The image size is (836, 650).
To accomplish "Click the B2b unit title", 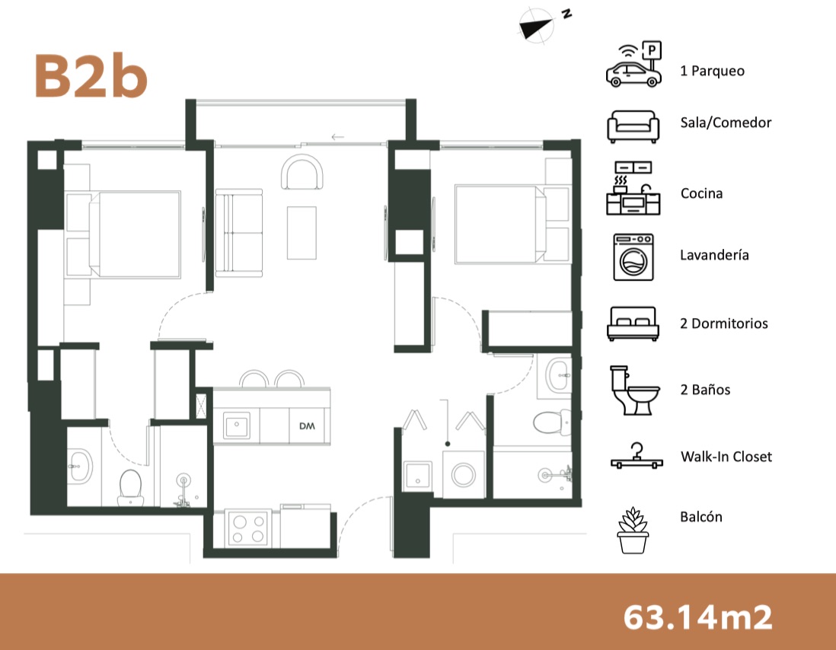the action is click(91, 75).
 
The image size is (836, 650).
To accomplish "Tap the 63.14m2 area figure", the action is click(697, 617).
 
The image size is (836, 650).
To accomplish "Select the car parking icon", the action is click(634, 65).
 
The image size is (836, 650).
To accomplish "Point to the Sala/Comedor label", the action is click(726, 123).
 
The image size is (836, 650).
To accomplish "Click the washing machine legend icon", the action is click(633, 257).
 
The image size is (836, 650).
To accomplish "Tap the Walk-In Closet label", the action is click(726, 457).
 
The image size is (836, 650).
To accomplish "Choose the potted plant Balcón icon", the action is click(633, 530).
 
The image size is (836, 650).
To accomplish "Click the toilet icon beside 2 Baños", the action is click(634, 390).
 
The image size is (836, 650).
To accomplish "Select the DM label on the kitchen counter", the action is click(307, 426).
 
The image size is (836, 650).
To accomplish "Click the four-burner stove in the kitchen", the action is click(247, 528).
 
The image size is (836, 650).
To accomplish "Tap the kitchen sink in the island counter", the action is click(236, 425).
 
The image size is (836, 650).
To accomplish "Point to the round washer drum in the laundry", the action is click(464, 475).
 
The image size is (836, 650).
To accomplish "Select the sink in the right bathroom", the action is click(558, 376).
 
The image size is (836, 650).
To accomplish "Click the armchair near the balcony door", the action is click(302, 171).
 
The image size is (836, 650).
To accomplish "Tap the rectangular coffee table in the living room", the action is click(302, 233).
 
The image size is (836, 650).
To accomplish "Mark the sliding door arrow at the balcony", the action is click(337, 137).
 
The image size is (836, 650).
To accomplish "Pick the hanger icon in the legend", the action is click(637, 457).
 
